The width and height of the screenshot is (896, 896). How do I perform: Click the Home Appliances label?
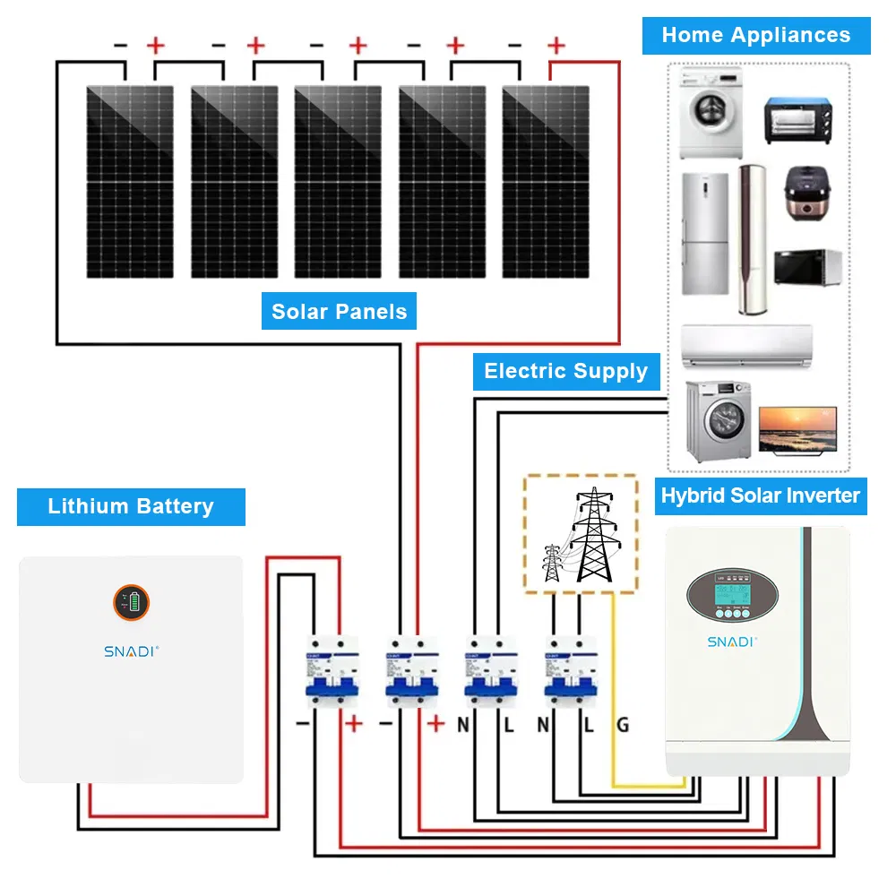755,36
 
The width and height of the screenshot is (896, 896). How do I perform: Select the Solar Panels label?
339,312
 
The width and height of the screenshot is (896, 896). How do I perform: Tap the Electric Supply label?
565,371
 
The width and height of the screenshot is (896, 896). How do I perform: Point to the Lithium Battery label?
131,506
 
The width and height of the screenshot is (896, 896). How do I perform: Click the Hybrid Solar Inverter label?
760,495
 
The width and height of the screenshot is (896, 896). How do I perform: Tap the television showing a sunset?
797,428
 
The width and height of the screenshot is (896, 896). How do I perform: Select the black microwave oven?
807,268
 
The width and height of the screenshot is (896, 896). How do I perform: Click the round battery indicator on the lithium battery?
131,602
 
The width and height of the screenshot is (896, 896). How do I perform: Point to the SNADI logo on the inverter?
732,642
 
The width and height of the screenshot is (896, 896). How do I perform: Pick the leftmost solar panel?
130,182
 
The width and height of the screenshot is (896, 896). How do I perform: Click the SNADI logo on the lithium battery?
131,651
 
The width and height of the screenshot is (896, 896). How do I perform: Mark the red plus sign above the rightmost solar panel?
556,45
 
